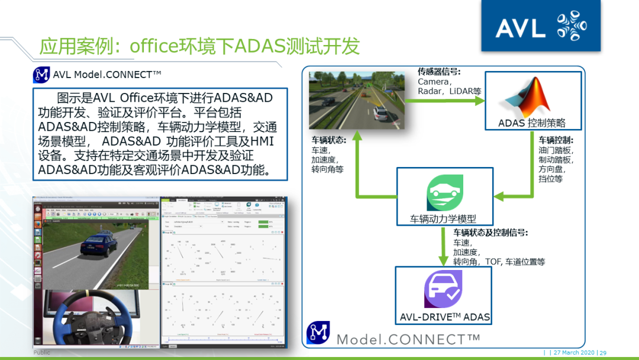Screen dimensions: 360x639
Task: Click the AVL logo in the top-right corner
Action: pos(540,26)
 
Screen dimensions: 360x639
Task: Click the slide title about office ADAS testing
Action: pos(199,46)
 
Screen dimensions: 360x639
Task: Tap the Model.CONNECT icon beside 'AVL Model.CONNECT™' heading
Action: pos(41,75)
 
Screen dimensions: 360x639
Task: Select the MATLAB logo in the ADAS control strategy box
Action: pos(532,97)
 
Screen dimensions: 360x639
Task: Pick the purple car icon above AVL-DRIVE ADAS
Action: pos(443,288)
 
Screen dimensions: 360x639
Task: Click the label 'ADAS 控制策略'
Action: pos(532,123)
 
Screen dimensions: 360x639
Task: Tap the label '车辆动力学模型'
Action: pos(444,218)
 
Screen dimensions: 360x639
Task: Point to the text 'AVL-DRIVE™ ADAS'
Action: pos(444,317)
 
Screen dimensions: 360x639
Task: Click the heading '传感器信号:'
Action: pos(439,72)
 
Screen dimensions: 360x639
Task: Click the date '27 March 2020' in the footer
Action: pos(574,353)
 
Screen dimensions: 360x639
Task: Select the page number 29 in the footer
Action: pos(603,353)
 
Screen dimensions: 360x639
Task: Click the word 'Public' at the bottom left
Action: pos(41,353)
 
